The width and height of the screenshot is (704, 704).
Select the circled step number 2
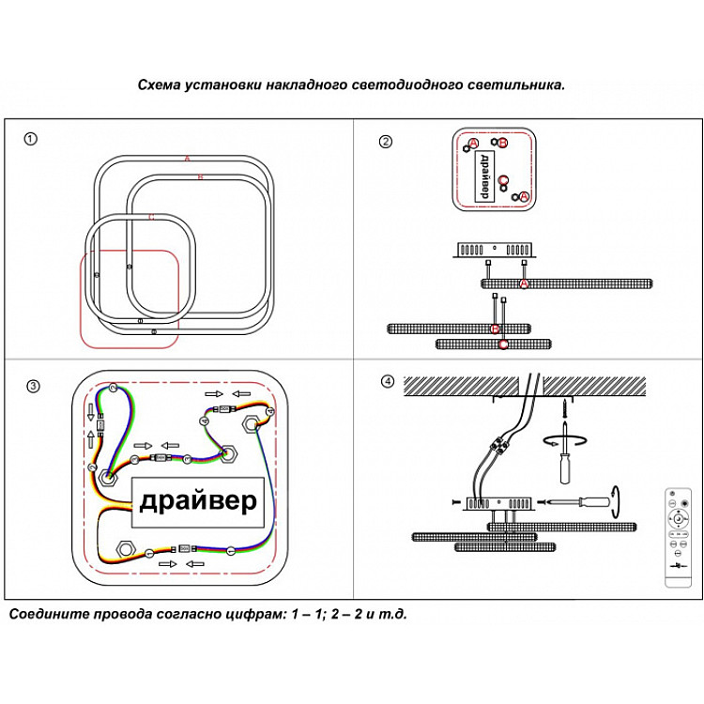[x=385, y=142]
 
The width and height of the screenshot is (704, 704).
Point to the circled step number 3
[x=33, y=386]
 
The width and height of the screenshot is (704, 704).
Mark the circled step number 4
[x=388, y=381]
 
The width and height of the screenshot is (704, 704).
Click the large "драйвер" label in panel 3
[x=197, y=502]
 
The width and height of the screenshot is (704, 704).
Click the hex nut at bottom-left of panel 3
[x=122, y=548]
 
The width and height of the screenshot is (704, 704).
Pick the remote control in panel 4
[x=676, y=539]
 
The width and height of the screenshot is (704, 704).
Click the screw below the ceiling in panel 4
[x=565, y=410]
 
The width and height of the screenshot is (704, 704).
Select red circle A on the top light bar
[x=524, y=283]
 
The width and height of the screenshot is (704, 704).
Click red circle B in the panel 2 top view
[x=502, y=143]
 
